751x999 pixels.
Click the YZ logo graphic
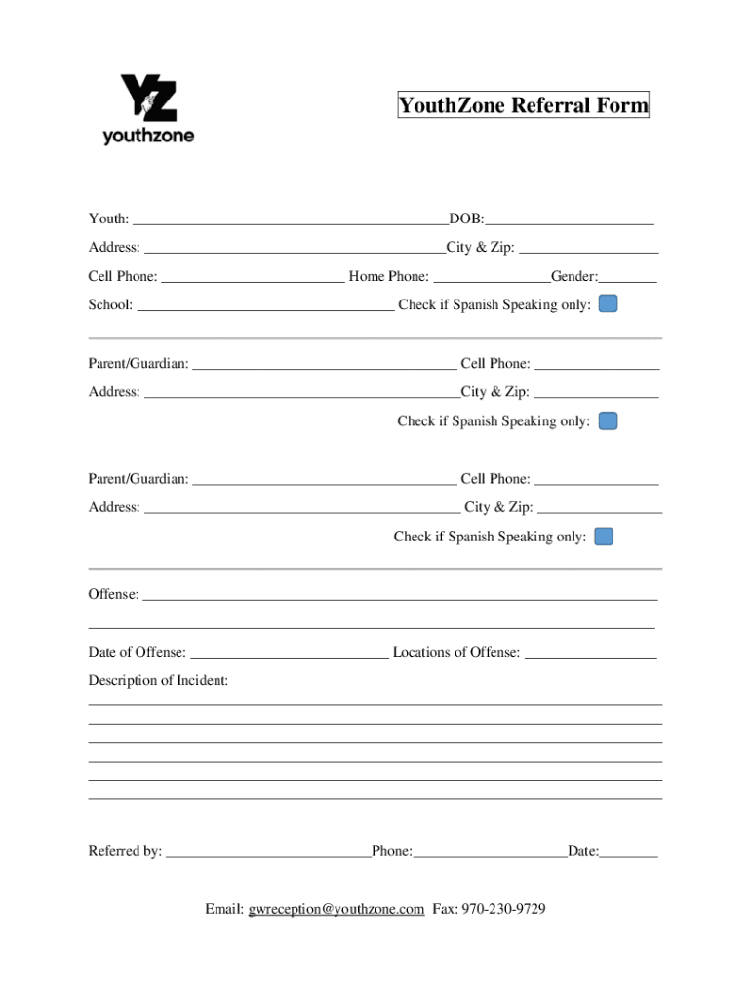point(148,98)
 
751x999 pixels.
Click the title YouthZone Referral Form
point(523,105)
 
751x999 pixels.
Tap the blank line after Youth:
point(291,219)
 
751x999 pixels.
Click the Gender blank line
point(628,276)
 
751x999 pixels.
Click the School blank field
point(265,304)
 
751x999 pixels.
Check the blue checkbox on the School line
point(608,304)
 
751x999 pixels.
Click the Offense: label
point(113,594)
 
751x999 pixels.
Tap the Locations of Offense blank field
point(590,652)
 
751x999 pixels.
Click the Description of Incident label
point(158,680)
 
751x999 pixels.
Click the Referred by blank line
point(268,851)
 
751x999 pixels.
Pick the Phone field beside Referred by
point(490,851)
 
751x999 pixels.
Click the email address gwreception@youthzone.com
point(336,909)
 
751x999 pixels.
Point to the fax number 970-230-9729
point(503,909)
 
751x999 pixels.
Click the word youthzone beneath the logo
point(148,137)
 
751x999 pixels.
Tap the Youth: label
point(108,219)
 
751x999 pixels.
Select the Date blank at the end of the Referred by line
point(629,851)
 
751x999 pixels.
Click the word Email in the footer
point(224,909)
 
